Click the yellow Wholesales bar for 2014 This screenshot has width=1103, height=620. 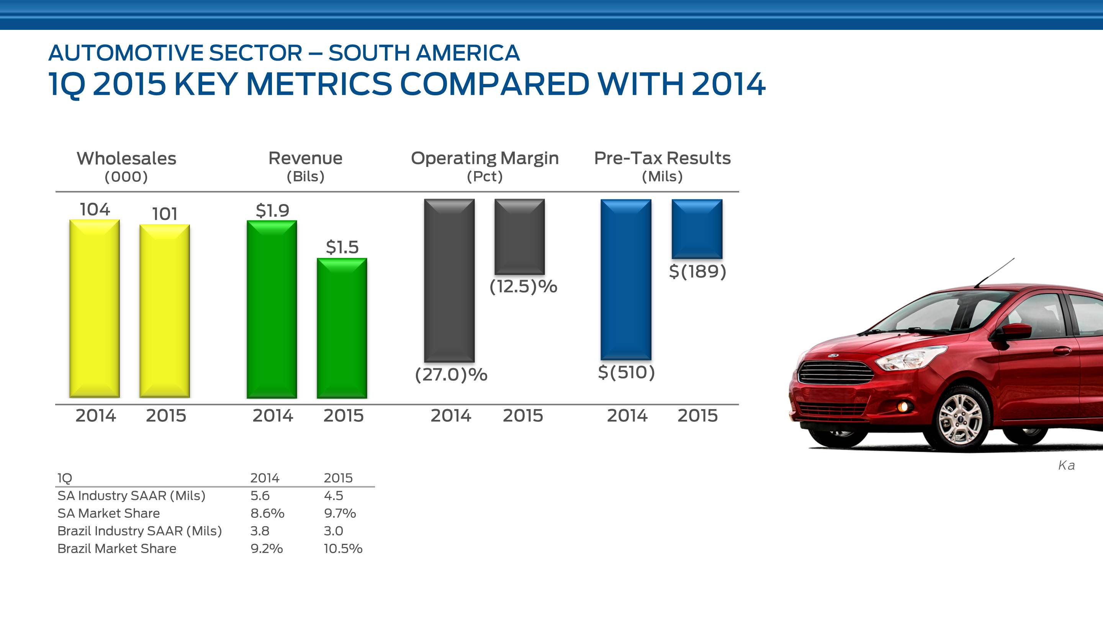(x=95, y=308)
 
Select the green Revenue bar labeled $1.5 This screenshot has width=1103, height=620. (x=342, y=328)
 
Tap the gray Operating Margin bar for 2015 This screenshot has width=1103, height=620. (x=519, y=236)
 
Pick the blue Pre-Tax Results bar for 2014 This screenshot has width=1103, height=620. (x=625, y=279)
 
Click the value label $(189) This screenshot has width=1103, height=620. (x=697, y=271)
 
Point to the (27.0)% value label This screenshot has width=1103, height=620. (x=451, y=374)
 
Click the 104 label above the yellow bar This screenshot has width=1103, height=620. (x=95, y=209)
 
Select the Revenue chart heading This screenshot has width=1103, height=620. (x=305, y=158)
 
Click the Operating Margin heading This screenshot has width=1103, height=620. (x=485, y=158)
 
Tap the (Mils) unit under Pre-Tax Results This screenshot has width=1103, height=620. (x=662, y=176)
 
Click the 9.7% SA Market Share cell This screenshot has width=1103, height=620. (x=340, y=513)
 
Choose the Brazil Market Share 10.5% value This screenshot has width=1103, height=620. (x=343, y=548)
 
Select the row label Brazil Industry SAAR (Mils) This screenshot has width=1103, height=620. (x=139, y=531)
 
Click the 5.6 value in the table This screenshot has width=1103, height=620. (x=260, y=496)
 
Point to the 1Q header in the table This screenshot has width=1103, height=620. (x=65, y=478)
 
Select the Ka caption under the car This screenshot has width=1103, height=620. (x=1066, y=465)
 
